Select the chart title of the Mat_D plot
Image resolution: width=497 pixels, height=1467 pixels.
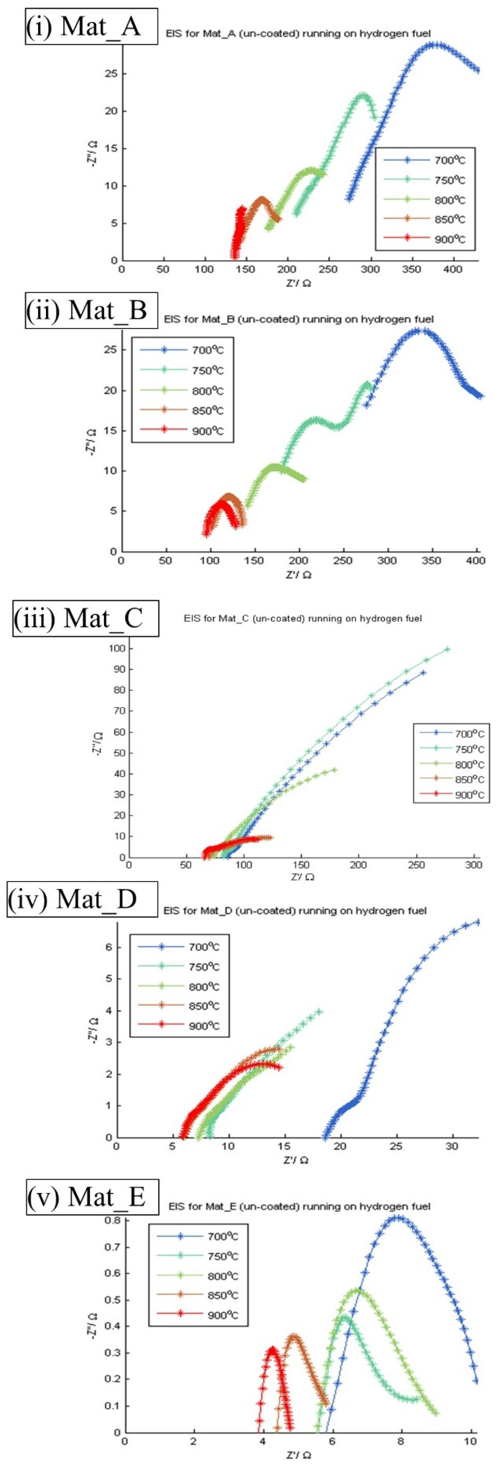(x=295, y=910)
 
